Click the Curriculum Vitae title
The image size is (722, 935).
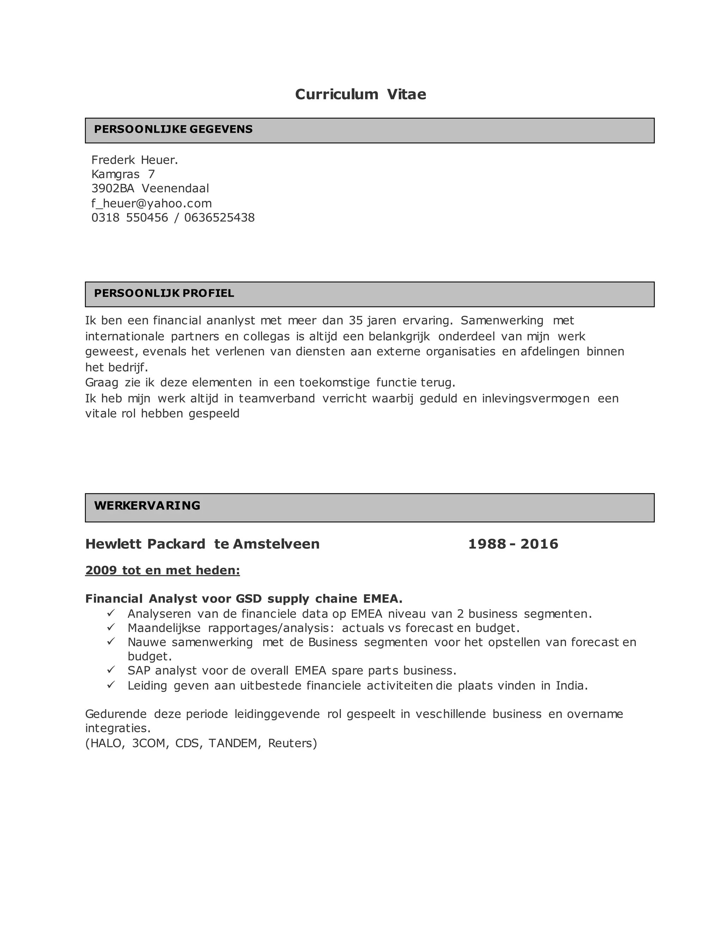point(360,94)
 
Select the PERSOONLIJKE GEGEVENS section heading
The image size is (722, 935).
point(173,129)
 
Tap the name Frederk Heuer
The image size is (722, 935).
point(134,160)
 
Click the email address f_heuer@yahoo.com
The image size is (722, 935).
point(151,203)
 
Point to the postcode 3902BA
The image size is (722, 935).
point(113,188)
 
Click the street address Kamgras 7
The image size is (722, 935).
point(123,174)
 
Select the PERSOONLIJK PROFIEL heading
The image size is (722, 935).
point(164,293)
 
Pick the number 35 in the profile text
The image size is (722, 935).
point(355,320)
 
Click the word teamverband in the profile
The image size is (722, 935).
point(277,399)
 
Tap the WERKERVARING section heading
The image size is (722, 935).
point(147,506)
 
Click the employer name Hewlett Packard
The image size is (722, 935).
point(146,544)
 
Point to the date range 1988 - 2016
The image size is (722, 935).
point(513,544)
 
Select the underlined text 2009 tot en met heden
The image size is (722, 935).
point(163,570)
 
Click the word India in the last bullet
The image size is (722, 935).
point(571,686)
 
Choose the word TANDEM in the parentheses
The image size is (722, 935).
point(234,743)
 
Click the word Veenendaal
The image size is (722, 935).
point(175,188)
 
